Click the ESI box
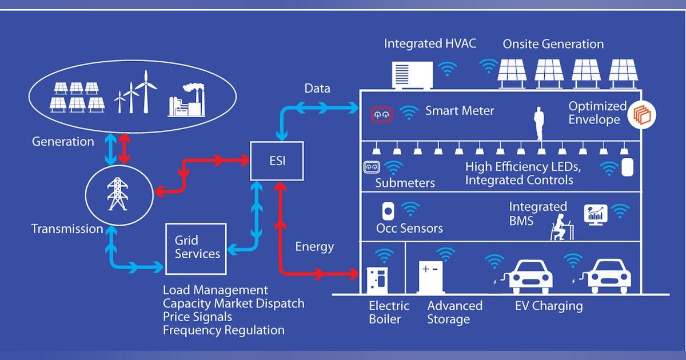[277, 161]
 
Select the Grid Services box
[196, 248]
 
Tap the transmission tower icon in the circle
[117, 194]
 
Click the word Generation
[63, 141]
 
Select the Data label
[317, 89]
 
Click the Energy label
[314, 247]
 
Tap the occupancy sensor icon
[388, 210]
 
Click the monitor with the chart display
[595, 214]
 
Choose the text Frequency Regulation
[224, 330]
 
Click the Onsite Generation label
[553, 44]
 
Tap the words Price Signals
[197, 316]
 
